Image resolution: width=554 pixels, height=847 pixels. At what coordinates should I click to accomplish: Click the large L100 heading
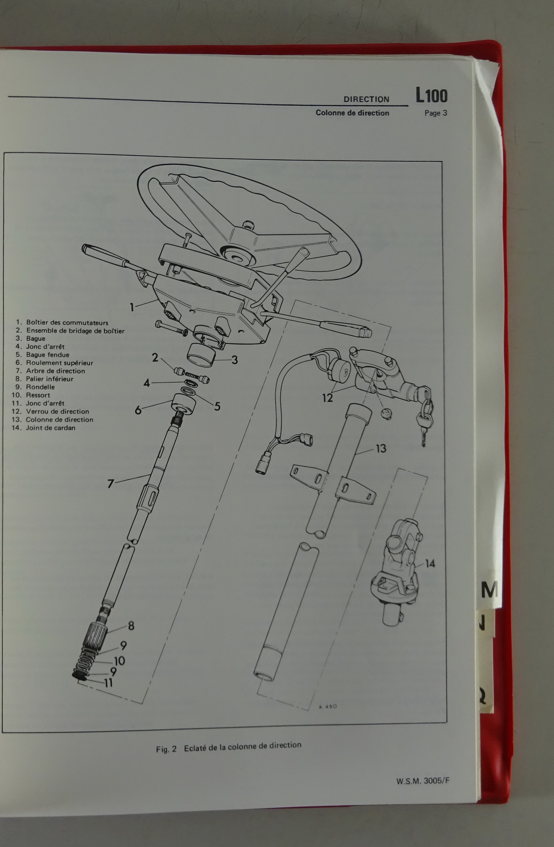[x=431, y=96]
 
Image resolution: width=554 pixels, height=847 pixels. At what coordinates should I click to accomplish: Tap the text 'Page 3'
[x=436, y=114]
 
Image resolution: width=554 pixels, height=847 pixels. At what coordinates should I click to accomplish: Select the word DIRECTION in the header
[x=366, y=100]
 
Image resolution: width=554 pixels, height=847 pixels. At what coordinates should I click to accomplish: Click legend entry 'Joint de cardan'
[x=51, y=428]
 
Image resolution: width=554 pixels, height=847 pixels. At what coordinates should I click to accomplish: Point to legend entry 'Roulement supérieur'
[x=60, y=363]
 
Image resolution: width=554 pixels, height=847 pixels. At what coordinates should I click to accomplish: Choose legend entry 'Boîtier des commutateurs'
[x=67, y=323]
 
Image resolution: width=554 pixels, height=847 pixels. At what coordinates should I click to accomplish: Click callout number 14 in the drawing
[x=430, y=564]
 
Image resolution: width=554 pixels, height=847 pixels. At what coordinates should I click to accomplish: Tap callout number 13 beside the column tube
[x=381, y=448]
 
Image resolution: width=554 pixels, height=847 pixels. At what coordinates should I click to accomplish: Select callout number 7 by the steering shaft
[x=110, y=484]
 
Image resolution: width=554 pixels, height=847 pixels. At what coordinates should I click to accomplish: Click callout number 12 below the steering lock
[x=327, y=398]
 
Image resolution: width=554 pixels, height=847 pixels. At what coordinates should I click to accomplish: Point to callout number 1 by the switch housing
[x=132, y=307]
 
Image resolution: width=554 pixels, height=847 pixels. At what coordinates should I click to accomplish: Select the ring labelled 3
[x=201, y=355]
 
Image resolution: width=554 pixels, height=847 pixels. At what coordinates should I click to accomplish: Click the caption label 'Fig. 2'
[x=166, y=749]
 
